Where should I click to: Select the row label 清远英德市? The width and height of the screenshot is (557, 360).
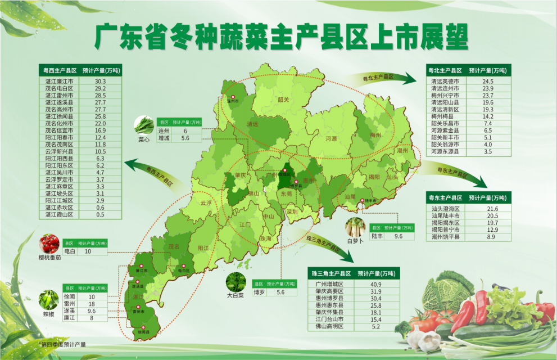445,81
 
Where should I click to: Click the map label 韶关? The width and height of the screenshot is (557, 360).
283,100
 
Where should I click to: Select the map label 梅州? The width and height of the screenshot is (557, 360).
375,135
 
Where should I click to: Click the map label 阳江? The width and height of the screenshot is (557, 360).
203,247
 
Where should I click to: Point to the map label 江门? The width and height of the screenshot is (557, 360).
245,224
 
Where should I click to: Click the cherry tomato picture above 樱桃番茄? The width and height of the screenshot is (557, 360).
49,244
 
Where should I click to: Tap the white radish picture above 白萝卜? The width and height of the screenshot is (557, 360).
355,228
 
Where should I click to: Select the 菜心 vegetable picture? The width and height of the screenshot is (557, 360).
144,124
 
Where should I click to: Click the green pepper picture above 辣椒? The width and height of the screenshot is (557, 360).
48,299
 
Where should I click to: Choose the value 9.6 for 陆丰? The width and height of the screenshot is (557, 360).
399,237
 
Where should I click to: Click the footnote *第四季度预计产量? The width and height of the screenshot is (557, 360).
62,344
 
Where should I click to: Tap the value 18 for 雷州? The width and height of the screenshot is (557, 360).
92,304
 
